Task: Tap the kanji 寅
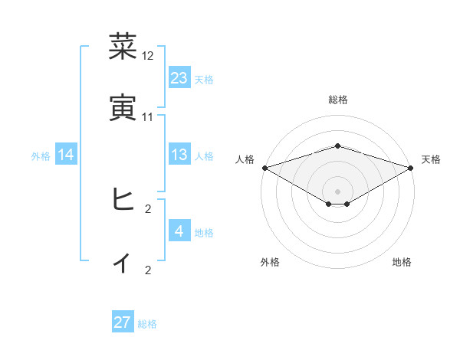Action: [x=122, y=107]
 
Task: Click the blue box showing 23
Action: [x=179, y=77]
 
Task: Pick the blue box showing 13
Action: [x=179, y=155]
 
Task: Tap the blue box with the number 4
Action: [x=179, y=231]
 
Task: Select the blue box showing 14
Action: [x=66, y=155]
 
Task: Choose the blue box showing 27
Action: [x=123, y=322]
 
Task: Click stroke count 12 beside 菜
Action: [x=148, y=56]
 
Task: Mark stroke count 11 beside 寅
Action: [x=148, y=117]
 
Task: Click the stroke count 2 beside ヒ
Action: [x=148, y=208]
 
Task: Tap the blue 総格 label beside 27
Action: [x=147, y=324]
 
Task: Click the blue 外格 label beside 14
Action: [x=41, y=155]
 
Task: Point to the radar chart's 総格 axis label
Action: [x=338, y=100]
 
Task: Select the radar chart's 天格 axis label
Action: [x=431, y=159]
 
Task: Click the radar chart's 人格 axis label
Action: [x=245, y=159]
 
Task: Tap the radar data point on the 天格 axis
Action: [x=411, y=167]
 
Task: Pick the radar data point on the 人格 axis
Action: [x=264, y=167]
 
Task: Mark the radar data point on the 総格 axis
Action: [x=338, y=146]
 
